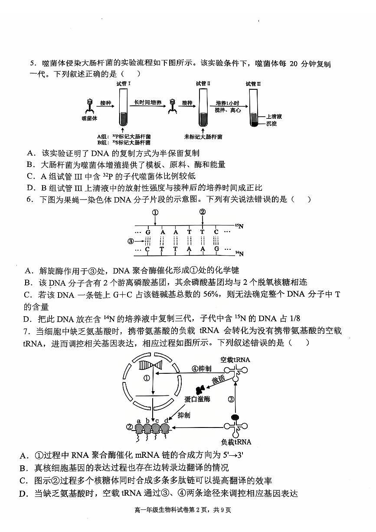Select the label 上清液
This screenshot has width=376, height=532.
click(x=274, y=117)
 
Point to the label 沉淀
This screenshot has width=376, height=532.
click(x=271, y=124)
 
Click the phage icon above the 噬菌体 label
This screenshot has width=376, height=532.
click(x=89, y=105)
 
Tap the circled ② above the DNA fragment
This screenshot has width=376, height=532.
click(x=202, y=212)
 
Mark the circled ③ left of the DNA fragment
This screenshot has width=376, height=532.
click(x=130, y=241)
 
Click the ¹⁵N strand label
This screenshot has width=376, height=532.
click(x=239, y=226)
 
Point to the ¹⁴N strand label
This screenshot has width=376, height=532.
click(x=239, y=253)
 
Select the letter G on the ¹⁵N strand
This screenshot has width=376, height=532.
click(x=148, y=232)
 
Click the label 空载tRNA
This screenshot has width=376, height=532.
click(x=235, y=359)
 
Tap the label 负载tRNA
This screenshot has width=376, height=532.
click(x=236, y=442)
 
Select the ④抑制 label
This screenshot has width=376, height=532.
click(x=202, y=369)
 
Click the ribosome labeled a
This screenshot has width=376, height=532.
click(x=139, y=428)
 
